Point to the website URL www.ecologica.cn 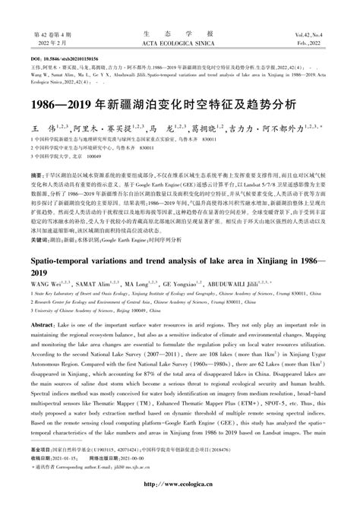(x=179, y=498)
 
